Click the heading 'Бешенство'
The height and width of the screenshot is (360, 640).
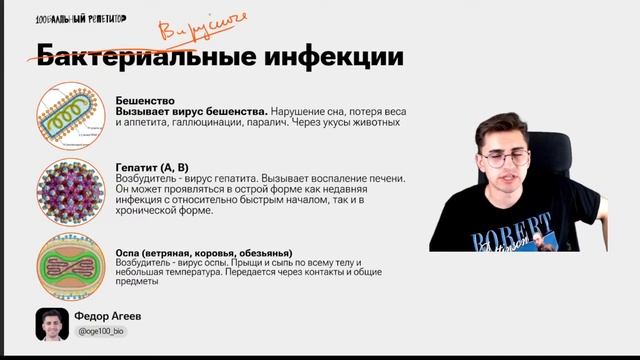pos(145,100)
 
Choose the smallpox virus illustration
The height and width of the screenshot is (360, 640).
pos(70,266)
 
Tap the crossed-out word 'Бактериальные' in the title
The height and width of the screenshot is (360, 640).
pos(150,54)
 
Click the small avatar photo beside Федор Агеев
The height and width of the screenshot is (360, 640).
pos(52,323)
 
